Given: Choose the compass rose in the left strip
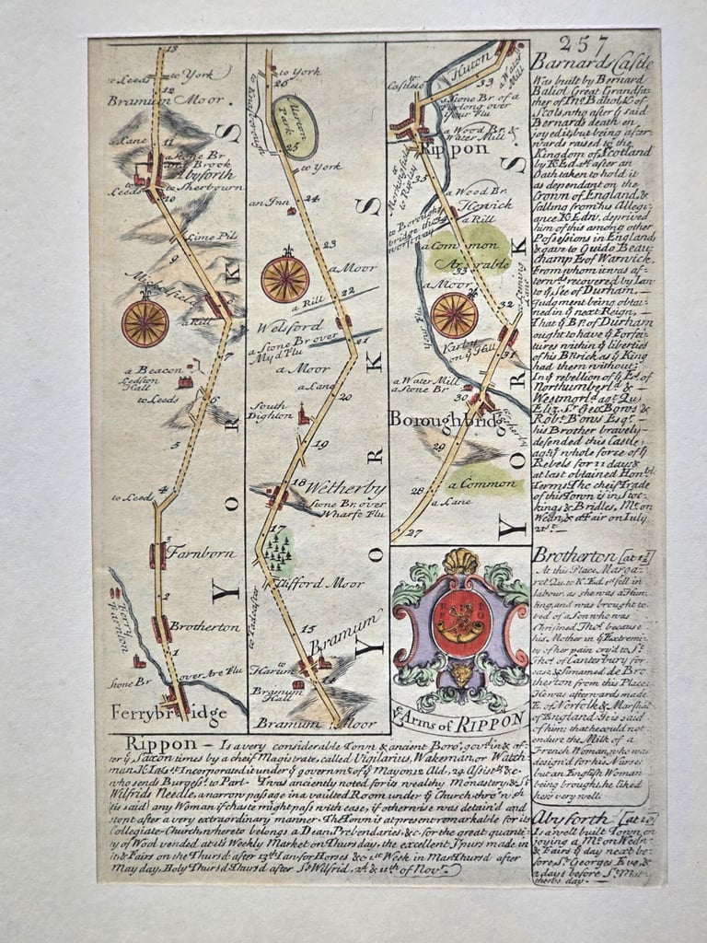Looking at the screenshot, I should tap(145, 322).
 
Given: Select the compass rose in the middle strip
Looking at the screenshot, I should tap(285, 279).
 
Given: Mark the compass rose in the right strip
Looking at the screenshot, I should tap(454, 315).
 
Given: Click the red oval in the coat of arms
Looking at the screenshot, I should tap(459, 623).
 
